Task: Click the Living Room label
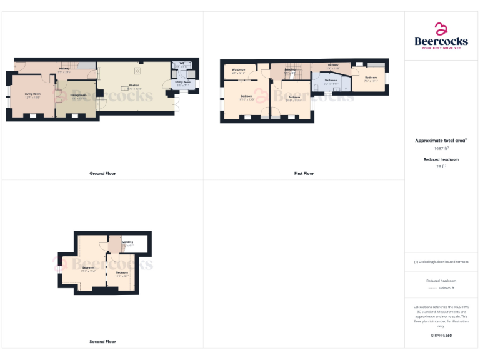[x=32, y=94]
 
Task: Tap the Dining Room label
[x=78, y=96]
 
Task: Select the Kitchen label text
[x=134, y=85]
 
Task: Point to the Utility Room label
[x=183, y=82]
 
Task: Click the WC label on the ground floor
[x=182, y=63]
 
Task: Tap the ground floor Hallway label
[x=64, y=68]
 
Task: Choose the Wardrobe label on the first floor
[x=238, y=69]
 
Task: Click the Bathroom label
[x=331, y=80]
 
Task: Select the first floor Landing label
[x=290, y=69]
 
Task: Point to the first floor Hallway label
[x=332, y=65]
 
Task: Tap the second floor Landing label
[x=127, y=242]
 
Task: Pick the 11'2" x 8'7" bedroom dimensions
[x=121, y=275]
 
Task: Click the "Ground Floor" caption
[x=102, y=173]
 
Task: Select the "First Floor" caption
[x=304, y=173]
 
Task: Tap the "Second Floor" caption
[x=102, y=342]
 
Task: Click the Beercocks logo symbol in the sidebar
[x=441, y=29]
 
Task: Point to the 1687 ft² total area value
[x=441, y=149]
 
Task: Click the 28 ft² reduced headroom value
[x=441, y=167]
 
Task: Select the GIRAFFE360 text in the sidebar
[x=441, y=336]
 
